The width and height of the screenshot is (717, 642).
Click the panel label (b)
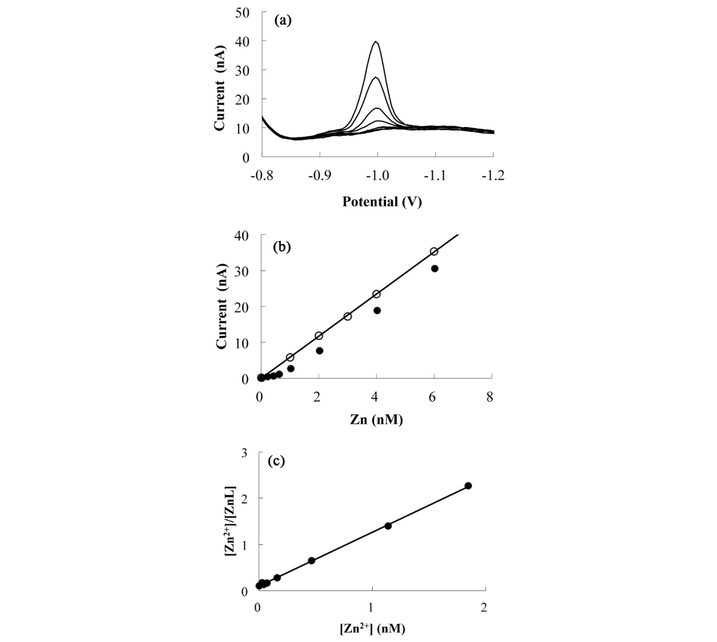point(282,247)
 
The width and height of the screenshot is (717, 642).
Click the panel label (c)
point(276,461)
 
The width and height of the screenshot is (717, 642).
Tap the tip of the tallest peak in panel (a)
point(376,42)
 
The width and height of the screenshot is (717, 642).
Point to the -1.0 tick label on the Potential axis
point(377,176)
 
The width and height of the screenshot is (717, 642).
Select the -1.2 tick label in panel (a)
point(493,176)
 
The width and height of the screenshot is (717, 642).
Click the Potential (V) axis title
point(382,202)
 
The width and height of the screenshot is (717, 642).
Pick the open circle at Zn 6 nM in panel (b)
point(434,252)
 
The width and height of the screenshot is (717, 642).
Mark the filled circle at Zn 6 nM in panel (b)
point(435,269)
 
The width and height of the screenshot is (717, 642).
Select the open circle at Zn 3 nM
point(347,317)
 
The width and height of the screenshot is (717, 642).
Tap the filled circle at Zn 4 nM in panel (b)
point(377,310)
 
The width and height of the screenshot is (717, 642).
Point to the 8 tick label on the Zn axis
point(490,397)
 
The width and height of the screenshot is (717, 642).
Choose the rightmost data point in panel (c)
point(468,486)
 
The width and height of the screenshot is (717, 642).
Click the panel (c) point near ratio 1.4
point(388,526)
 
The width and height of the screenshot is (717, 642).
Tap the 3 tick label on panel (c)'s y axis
point(244,454)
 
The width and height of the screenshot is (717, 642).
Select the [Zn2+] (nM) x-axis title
point(372,628)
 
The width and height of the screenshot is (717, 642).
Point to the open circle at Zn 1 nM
point(290,357)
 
